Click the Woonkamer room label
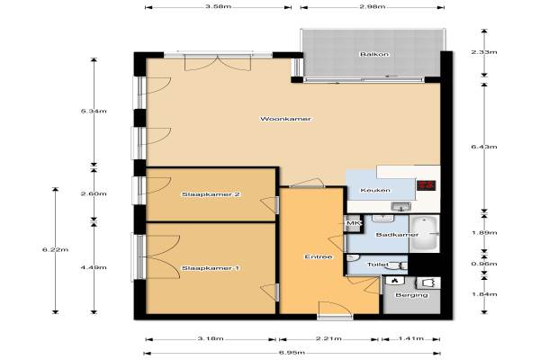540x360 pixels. tap(285, 119)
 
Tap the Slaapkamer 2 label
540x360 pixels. tap(211, 194)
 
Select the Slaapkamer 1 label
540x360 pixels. tap(211, 268)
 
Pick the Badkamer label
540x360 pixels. tap(397, 235)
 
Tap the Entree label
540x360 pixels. tap(319, 256)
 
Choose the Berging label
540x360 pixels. tap(411, 295)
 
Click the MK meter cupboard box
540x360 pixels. tap(354, 224)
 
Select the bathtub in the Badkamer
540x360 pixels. tap(424, 234)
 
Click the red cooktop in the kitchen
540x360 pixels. tap(427, 185)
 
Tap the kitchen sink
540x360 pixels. tap(400, 207)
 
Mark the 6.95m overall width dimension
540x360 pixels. tap(292, 353)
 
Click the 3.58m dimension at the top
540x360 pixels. tap(218, 6)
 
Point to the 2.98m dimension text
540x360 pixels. tap(373, 6)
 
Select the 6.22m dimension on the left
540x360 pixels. tap(55, 250)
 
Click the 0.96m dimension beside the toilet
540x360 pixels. tap(484, 264)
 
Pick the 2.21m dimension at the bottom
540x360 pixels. tap(328, 338)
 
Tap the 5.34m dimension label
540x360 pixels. tap(94, 111)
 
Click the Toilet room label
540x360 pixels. tap(378, 265)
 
